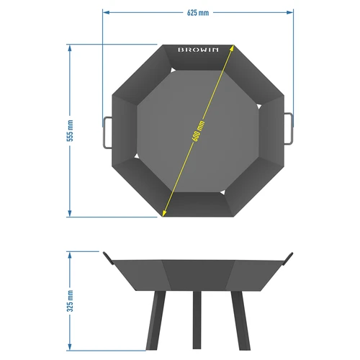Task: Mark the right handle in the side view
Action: pyautogui.click(x=289, y=256)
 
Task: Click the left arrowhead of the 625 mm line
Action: pyautogui.click(x=106, y=12)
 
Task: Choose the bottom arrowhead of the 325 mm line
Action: pyautogui.click(x=71, y=348)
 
